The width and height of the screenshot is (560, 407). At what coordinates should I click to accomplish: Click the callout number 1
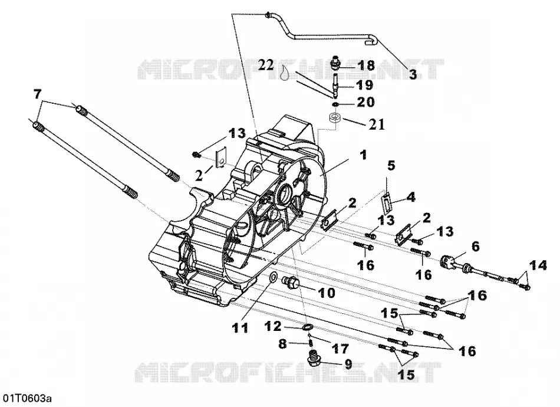click(x=363, y=155)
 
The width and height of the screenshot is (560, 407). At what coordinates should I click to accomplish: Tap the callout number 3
click(x=413, y=75)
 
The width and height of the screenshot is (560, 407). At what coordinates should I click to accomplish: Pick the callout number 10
click(x=327, y=293)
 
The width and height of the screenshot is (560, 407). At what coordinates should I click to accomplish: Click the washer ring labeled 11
click(x=272, y=277)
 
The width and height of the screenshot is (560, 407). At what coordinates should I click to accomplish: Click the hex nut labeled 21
click(x=335, y=117)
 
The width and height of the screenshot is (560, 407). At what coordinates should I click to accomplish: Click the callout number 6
click(x=475, y=246)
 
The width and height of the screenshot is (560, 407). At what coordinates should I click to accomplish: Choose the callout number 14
click(x=538, y=265)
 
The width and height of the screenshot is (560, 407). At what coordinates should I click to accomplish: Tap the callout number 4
click(x=411, y=196)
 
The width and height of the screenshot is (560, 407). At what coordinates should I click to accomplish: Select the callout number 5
click(x=391, y=166)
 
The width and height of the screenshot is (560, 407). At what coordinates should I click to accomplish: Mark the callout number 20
click(x=365, y=102)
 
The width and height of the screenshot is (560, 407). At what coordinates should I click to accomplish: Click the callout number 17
click(x=340, y=349)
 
